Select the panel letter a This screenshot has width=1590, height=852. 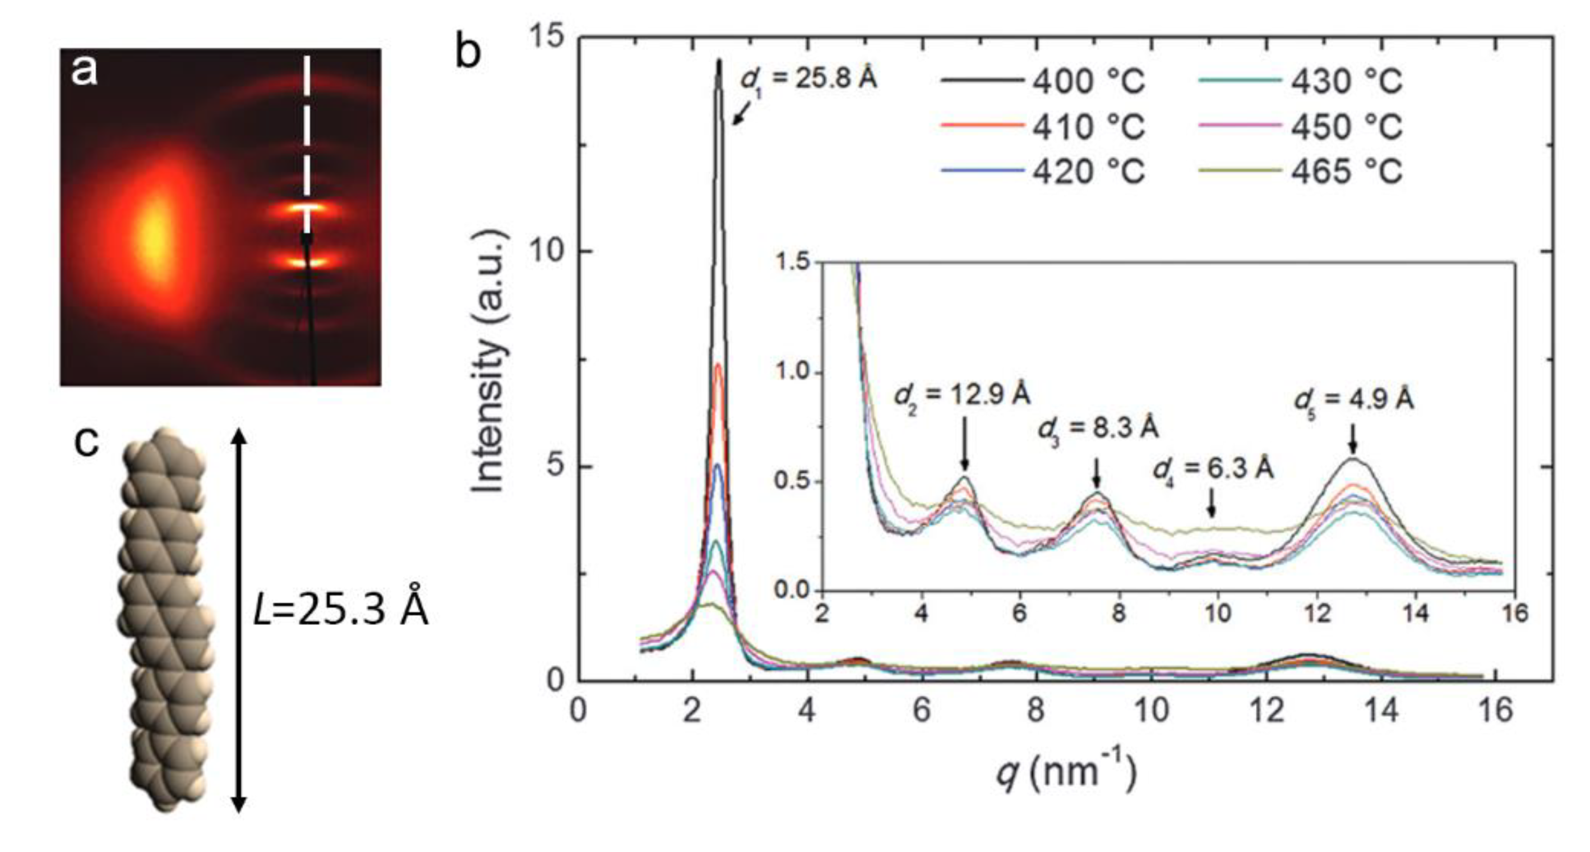click(84, 69)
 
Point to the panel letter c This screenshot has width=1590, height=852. click(86, 442)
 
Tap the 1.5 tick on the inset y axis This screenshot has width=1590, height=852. click(794, 262)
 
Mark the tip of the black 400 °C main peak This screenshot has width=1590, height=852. click(718, 60)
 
